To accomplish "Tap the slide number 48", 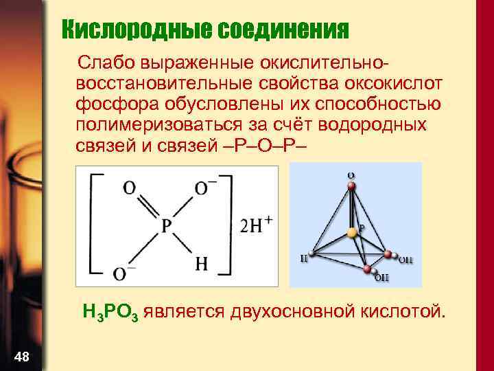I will pyautogui.click(x=21, y=355).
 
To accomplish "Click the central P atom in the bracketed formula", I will pyautogui.click(x=167, y=226).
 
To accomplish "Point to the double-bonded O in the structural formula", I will pyautogui.click(x=128, y=188).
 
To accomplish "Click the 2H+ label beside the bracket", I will pyautogui.click(x=257, y=226).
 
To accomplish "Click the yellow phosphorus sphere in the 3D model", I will pyautogui.click(x=352, y=233).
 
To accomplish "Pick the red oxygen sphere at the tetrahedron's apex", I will pyautogui.click(x=351, y=184).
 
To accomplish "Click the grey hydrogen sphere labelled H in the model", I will pyautogui.click(x=311, y=253).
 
